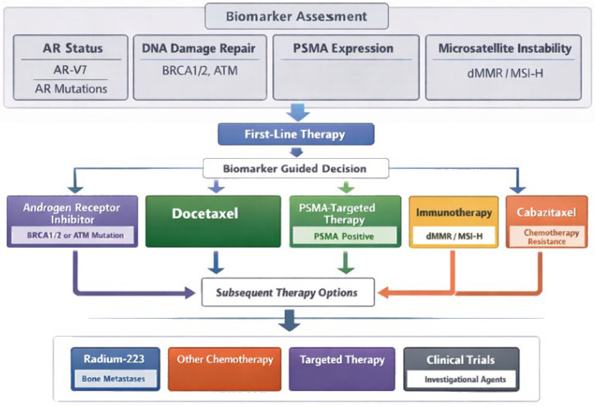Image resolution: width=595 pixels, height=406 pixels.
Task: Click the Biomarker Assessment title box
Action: [296, 16]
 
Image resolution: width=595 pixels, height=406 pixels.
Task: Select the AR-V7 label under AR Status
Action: [70, 70]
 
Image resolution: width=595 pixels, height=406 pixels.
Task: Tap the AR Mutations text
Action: [71, 89]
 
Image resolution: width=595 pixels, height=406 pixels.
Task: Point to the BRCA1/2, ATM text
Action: [200, 71]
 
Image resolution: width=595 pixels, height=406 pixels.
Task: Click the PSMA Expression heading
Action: [343, 49]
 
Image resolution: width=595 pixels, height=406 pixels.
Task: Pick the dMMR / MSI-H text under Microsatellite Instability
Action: [505, 73]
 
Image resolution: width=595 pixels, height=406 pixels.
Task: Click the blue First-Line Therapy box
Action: [296, 134]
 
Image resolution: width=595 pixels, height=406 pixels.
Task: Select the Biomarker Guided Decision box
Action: [296, 168]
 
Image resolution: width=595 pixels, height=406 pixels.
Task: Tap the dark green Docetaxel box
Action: [213, 222]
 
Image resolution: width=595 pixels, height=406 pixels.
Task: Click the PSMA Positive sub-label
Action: [344, 236]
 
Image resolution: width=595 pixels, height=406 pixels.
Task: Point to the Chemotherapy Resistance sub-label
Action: [546, 236]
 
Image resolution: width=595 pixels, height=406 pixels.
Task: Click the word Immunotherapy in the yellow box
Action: [453, 212]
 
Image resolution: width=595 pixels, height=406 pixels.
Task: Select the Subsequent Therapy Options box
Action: [288, 292]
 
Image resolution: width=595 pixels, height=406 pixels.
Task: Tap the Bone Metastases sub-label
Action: [114, 379]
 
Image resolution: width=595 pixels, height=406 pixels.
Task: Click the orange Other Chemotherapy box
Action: [225, 369]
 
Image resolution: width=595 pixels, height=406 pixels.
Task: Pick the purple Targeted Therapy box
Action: [342, 369]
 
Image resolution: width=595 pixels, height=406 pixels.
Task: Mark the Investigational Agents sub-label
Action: [465, 380]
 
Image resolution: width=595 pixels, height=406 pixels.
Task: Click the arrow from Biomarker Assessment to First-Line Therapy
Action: [298, 113]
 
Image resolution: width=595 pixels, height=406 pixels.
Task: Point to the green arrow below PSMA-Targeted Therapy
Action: [346, 263]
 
